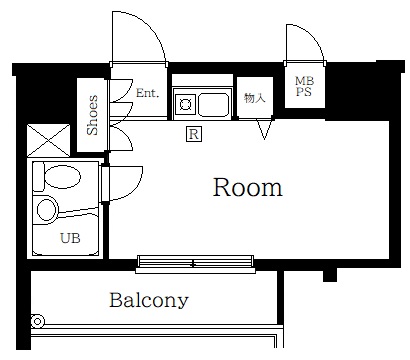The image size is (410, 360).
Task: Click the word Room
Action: [248, 187]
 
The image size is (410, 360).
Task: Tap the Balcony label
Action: [149, 300]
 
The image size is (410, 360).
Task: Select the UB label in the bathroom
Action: [70, 238]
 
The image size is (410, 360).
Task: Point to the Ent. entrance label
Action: [147, 93]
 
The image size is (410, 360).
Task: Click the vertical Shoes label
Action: [93, 115]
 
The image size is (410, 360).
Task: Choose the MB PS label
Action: [304, 86]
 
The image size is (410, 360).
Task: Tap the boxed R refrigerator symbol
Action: [194, 134]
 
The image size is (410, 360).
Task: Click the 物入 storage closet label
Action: [255, 98]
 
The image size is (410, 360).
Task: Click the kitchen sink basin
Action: [213, 105]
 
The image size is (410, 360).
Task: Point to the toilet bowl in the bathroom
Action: [63, 176]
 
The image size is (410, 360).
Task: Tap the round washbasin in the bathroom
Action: [46, 210]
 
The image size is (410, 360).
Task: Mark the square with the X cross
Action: [49, 140]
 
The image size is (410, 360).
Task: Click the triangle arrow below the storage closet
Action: [264, 128]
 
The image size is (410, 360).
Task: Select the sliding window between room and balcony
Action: [195, 264]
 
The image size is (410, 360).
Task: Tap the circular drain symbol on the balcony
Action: [38, 321]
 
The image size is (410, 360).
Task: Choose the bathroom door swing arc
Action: [134, 188]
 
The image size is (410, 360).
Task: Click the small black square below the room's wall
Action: [330, 275]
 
